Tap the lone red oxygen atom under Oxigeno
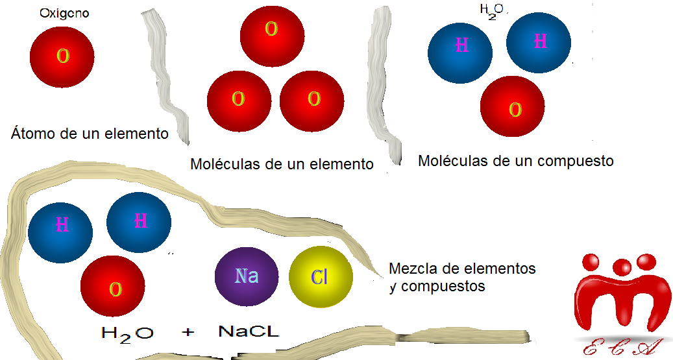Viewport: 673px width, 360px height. (x=63, y=56)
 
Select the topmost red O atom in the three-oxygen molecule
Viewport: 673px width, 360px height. (x=272, y=29)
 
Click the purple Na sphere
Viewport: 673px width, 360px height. (x=247, y=276)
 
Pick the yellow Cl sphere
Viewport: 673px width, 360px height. (x=321, y=278)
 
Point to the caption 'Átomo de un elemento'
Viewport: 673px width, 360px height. (x=90, y=134)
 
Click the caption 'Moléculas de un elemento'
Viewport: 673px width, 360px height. (x=282, y=164)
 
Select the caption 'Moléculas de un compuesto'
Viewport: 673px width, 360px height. (x=515, y=160)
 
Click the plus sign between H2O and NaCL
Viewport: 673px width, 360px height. (x=188, y=333)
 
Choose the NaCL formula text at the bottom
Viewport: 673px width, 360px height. (x=249, y=333)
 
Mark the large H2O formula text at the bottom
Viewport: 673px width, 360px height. (x=128, y=333)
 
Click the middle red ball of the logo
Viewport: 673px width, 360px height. (x=622, y=266)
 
